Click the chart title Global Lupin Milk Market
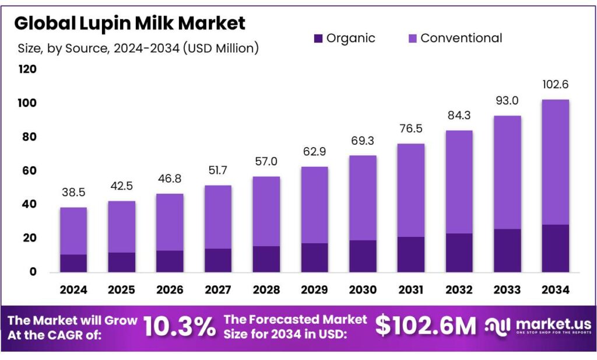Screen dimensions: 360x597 [129, 23]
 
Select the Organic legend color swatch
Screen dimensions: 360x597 [318, 39]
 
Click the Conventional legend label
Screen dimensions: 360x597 [461, 39]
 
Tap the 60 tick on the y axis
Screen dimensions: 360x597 [30, 171]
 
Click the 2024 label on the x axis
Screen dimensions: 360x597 [73, 290]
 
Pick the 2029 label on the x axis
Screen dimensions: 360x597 [314, 290]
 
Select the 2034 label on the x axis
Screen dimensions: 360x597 [555, 290]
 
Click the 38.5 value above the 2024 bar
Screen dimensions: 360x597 [73, 191]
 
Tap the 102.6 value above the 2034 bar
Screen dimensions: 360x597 [555, 84]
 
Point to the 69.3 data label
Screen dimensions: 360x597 [362, 140]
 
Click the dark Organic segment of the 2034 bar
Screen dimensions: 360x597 [555, 248]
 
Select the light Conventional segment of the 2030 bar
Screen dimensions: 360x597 [362, 198]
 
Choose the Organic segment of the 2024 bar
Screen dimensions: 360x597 [73, 263]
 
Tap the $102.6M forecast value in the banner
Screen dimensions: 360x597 [425, 326]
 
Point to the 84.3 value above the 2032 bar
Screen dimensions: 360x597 [459, 114]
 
